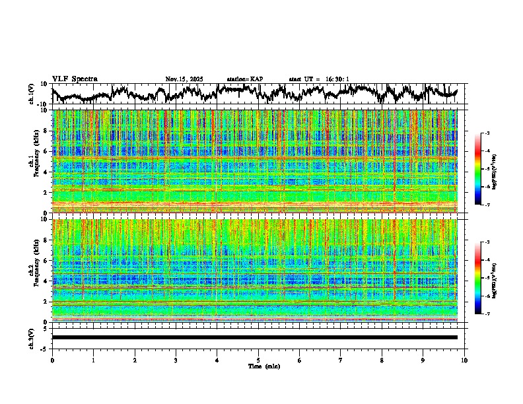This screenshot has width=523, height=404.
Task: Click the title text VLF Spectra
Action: click(75, 79)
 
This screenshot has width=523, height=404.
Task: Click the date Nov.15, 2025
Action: click(184, 79)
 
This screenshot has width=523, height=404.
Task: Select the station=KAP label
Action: click(245, 79)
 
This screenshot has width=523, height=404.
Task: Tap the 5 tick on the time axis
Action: click(258, 360)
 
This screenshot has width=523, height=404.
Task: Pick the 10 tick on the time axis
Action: click(464, 360)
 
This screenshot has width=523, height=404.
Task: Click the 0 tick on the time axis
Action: click(52, 360)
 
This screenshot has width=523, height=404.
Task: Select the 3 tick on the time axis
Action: click(176, 360)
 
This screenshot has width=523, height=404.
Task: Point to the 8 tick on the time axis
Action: click(382, 360)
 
